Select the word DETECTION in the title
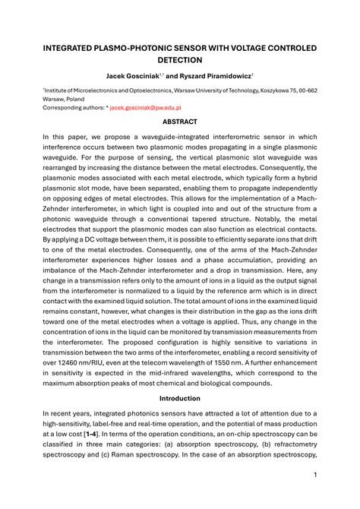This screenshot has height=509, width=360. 180,60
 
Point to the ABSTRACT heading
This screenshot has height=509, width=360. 180,122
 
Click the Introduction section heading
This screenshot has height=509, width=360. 180,399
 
